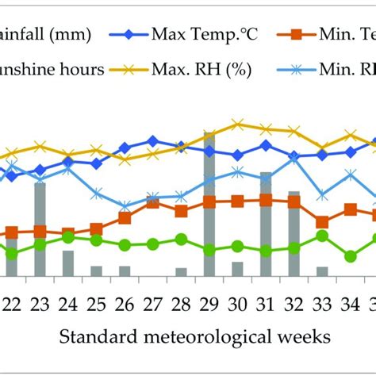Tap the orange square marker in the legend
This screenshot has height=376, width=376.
pyautogui.click(x=294, y=34)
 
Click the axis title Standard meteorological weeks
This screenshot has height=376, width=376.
pyautogui.click(x=194, y=337)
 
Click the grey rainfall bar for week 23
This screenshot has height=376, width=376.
pyautogui.click(x=40, y=229)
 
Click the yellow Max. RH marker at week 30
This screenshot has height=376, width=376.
pyautogui.click(x=237, y=125)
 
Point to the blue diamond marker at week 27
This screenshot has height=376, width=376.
pyautogui.click(x=152, y=141)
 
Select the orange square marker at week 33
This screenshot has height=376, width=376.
pyautogui.click(x=322, y=222)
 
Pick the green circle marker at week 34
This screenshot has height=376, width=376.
pyautogui.click(x=350, y=256)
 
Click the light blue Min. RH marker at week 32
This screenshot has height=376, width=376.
pyautogui.click(x=294, y=159)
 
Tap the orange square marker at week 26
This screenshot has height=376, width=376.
pyautogui.click(x=125, y=217)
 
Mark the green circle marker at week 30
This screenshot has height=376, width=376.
pyautogui.click(x=237, y=246)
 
